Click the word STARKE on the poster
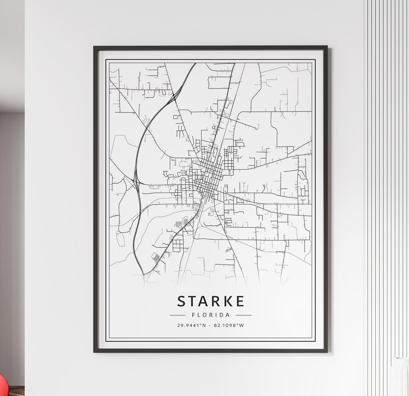coord(211,301)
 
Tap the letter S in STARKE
coord(182,301)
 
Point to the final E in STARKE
coord(240,301)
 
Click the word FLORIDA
coord(211,315)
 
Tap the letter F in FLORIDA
coord(194,315)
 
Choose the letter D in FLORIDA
coord(222,315)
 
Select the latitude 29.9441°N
coord(191,325)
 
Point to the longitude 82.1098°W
coord(229,325)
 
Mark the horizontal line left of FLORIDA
coord(177,315)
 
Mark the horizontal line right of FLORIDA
coord(244,315)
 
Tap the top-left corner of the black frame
coord(95,47)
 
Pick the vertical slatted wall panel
coord(386,151)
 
